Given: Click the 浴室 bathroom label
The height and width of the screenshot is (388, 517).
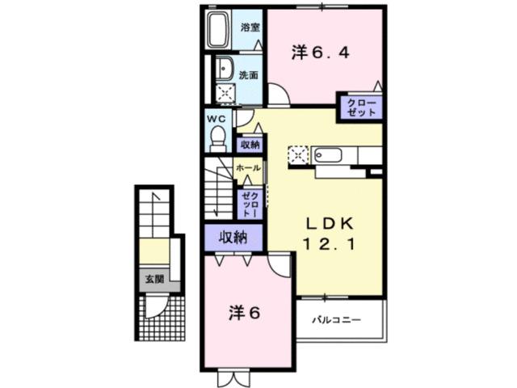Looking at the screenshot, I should (250, 27).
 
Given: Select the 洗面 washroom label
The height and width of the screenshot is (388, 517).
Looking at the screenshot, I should (249, 75).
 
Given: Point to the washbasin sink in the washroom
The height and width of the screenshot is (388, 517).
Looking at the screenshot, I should (224, 69).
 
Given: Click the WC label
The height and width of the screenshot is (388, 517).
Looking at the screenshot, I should (216, 118).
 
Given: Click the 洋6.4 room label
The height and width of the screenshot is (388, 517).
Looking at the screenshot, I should (320, 53).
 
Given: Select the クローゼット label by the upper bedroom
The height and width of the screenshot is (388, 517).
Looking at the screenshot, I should (359, 108).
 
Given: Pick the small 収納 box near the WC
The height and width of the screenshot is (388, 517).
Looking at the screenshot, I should (250, 145).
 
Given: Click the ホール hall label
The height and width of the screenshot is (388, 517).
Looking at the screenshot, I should (249, 168).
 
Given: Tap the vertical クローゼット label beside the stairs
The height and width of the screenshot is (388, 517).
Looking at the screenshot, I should (249, 204).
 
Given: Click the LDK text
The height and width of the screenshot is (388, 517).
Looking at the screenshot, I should (330, 221).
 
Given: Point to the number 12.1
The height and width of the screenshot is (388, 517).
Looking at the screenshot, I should (330, 242).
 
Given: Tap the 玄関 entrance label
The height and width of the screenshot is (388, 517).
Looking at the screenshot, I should (153, 280).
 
